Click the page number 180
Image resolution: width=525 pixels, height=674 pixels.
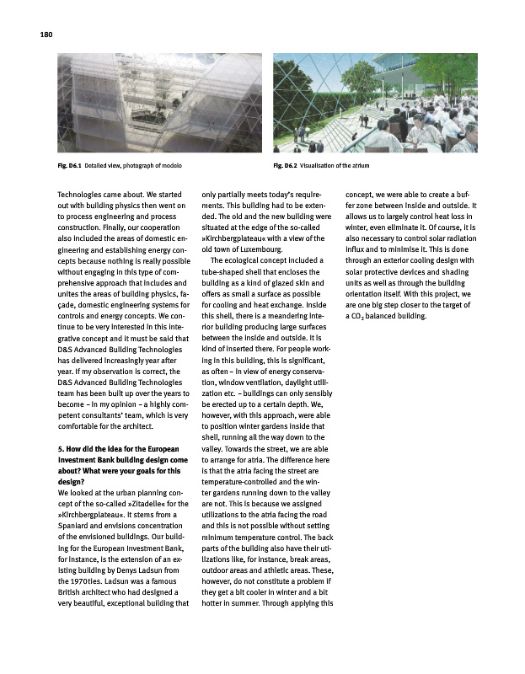point(46,35)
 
